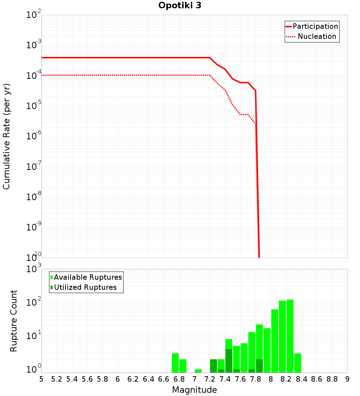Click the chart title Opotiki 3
180,6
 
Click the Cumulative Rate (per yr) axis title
6,136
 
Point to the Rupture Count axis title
14,321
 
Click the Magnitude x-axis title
194,390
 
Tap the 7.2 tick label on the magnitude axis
210,379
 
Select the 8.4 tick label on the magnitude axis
301,379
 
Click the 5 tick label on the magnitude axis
41,379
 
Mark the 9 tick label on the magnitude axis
347,379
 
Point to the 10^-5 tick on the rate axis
33,106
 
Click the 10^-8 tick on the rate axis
33,197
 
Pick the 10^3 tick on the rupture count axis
33,269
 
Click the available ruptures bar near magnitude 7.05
198,371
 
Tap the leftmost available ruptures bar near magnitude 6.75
175,363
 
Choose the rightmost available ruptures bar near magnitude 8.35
298,363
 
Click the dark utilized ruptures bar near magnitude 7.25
213,366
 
